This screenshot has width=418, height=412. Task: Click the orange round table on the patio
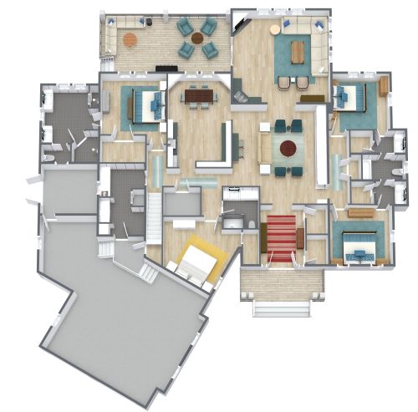(x=130, y=38)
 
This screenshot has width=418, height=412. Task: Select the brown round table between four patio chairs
(x=196, y=38)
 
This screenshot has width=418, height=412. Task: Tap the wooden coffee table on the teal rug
(x=298, y=52)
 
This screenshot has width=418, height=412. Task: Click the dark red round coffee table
(x=288, y=149)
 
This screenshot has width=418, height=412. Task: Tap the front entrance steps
(x=282, y=307)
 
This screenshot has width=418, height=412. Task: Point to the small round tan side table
(x=276, y=29)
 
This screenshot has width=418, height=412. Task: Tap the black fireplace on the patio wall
(x=166, y=67)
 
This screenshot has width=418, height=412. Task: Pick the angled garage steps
(x=148, y=272)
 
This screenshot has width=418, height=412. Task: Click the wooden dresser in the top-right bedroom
(x=384, y=86)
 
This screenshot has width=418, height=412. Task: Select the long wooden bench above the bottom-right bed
(x=361, y=213)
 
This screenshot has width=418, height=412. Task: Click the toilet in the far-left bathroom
(x=47, y=155)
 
